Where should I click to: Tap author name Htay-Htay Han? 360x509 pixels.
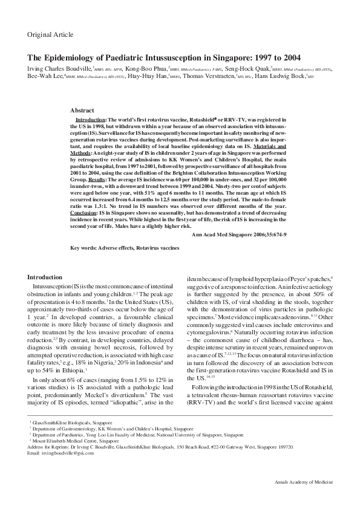point(148,78)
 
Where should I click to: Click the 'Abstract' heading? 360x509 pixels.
point(82,111)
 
